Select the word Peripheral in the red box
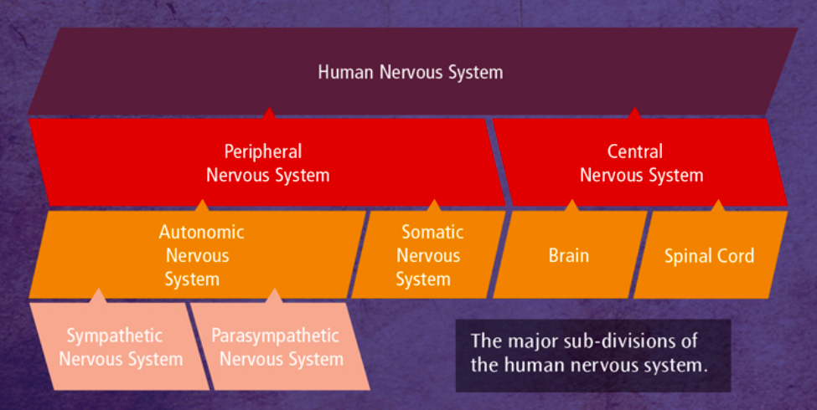click(x=263, y=152)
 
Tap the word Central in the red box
click(x=634, y=151)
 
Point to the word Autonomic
click(x=202, y=232)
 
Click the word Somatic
click(x=432, y=232)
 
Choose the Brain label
click(x=568, y=255)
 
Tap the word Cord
click(x=734, y=255)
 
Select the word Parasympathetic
click(x=275, y=336)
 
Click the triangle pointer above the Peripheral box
click(x=268, y=113)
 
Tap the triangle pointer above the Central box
click(x=634, y=113)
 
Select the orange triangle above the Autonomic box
click(x=202, y=206)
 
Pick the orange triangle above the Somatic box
click(x=433, y=206)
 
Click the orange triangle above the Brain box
click(x=571, y=206)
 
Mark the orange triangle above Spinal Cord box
click(x=718, y=206)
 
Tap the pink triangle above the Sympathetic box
click(x=98, y=295)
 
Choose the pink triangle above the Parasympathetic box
click(x=274, y=295)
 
